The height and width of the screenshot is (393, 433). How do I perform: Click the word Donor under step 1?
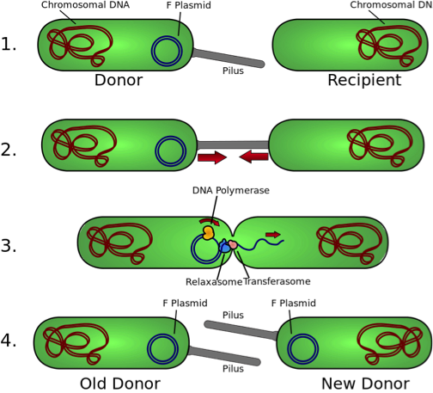(x=119, y=80)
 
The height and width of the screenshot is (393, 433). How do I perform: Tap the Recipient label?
(x=364, y=80)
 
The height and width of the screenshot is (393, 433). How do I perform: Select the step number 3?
(x=9, y=246)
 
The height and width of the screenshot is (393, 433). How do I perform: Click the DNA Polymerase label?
(x=231, y=190)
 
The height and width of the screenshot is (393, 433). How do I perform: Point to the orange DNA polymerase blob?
(x=208, y=232)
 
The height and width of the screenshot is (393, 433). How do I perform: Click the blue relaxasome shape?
(x=224, y=247)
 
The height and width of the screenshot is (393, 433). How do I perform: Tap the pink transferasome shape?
(x=233, y=244)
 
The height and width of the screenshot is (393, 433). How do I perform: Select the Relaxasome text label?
(x=214, y=282)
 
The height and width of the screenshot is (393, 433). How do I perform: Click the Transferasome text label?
(x=277, y=281)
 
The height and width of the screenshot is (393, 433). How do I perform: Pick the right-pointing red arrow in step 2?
(x=212, y=157)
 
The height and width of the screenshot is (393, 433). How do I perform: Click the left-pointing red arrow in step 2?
(x=253, y=157)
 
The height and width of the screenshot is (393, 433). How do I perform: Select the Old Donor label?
(x=120, y=384)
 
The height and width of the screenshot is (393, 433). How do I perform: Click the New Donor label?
(x=366, y=384)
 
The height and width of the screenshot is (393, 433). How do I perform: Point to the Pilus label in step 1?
(x=233, y=71)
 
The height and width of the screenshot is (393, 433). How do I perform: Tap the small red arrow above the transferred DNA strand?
(x=273, y=235)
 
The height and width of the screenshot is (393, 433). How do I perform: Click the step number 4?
(x=9, y=341)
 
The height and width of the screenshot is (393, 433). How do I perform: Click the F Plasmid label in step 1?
(x=189, y=5)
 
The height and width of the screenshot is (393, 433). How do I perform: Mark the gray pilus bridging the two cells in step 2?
(x=233, y=144)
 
